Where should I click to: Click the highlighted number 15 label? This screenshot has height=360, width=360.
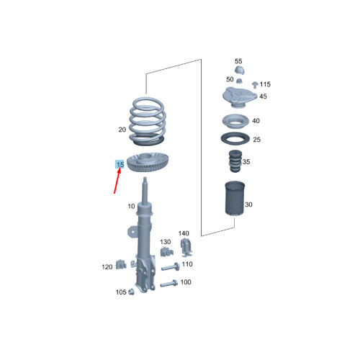120,164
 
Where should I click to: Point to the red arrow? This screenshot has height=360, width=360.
117,181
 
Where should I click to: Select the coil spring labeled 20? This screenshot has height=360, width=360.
148,121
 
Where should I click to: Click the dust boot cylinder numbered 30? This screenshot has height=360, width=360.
235,199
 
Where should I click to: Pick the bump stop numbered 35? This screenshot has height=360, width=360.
235,161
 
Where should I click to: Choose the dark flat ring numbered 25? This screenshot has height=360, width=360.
235,139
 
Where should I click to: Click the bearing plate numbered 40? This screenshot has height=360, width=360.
235,121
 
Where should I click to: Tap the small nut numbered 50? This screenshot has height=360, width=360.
239,81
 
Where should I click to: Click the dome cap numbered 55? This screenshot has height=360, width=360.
239,71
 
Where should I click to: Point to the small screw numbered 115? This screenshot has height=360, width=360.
255,85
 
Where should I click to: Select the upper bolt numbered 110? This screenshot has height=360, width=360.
171,267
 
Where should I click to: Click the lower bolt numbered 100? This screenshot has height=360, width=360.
168,284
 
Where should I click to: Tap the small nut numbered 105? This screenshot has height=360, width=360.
131,292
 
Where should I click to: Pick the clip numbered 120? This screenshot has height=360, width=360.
121,264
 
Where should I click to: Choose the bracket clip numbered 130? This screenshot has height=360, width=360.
166,252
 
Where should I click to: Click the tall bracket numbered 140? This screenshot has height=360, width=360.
186,246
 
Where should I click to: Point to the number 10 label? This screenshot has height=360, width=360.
131,206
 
